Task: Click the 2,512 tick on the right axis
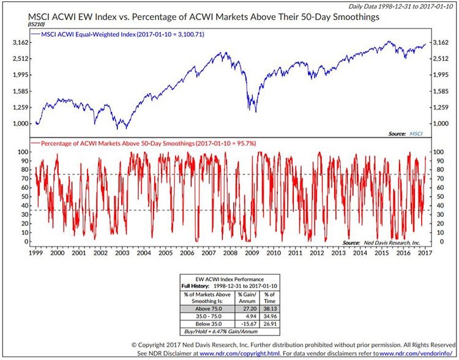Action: [x=440, y=59]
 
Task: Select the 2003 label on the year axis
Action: [x=121, y=252]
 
